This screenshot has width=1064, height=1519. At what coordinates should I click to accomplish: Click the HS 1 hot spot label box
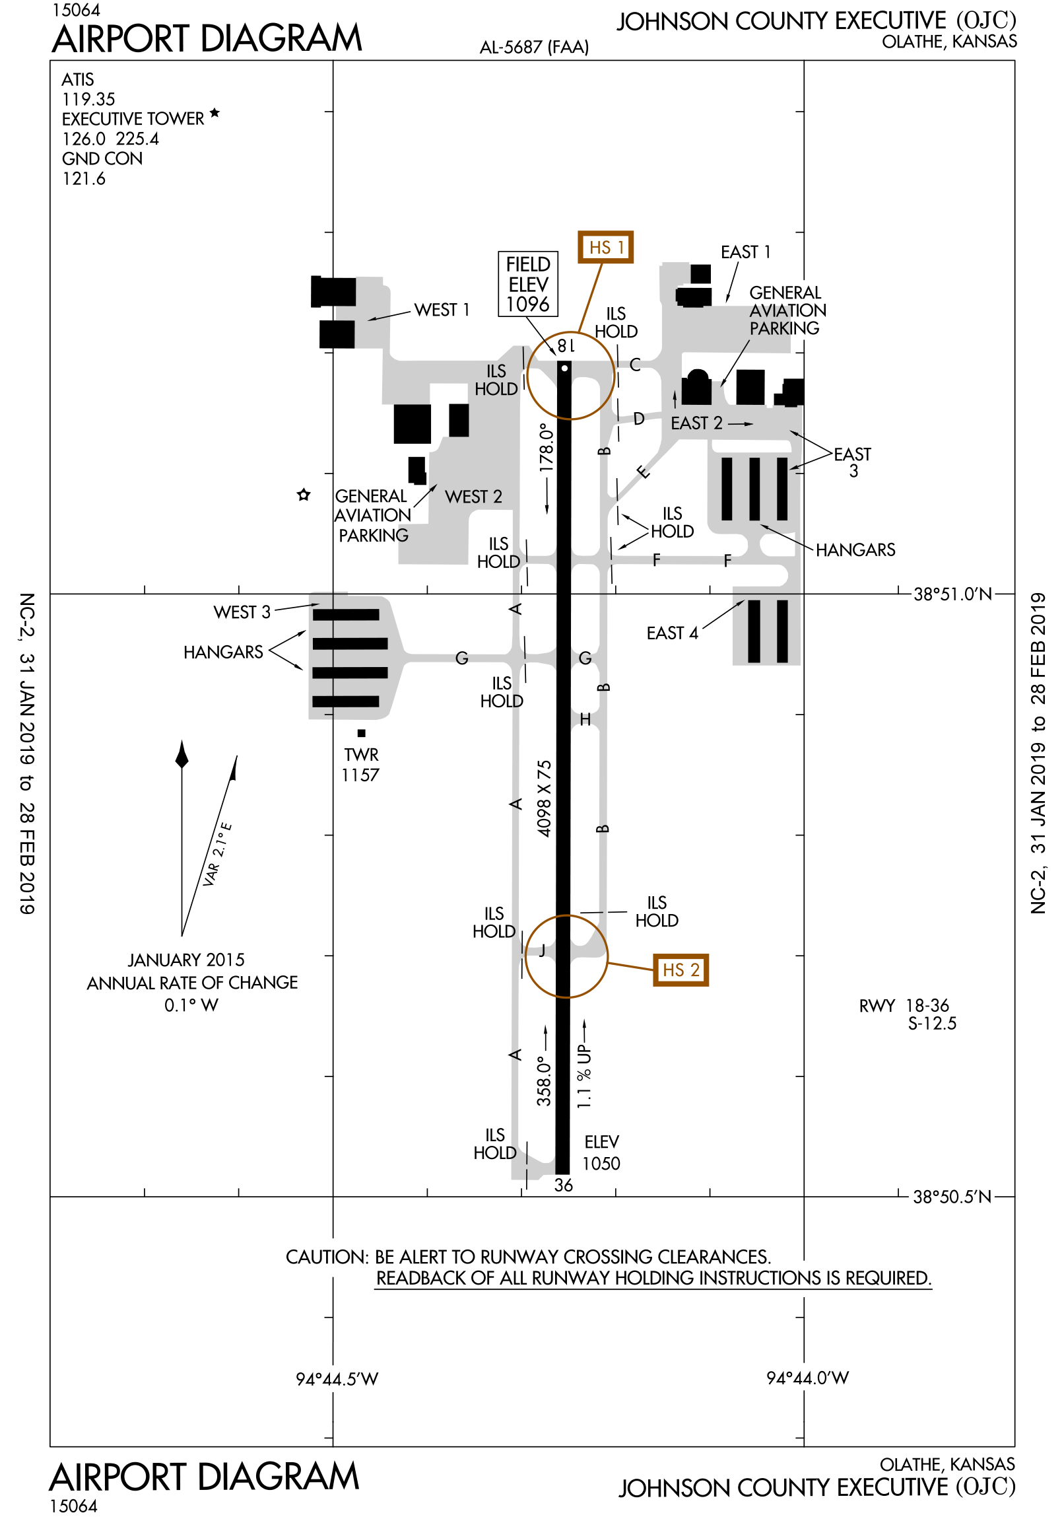pos(605,247)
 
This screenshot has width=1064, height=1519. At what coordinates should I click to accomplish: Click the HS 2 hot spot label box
pos(681,970)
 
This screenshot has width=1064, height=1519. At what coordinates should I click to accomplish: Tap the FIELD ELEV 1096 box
pos(527,284)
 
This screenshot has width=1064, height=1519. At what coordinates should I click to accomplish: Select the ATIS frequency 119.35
pos(88,99)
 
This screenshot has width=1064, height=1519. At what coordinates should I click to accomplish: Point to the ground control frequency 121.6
pos(84,178)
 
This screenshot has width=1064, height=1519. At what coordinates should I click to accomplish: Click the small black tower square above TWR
pos(361,733)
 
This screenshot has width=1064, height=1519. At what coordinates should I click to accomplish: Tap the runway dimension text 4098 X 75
pos(545,798)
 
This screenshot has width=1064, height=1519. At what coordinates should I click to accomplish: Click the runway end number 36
pos(564,1185)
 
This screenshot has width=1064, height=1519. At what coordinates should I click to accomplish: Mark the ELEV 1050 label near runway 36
pos(601,1152)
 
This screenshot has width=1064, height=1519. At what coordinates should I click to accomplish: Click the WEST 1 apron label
pos(442,310)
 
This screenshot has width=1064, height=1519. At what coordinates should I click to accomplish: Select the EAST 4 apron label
pos(672,633)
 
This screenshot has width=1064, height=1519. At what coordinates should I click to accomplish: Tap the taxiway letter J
pos(543,950)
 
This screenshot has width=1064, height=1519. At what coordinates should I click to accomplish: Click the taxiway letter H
pos(585,719)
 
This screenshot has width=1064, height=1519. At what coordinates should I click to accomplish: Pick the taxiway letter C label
pos(635,365)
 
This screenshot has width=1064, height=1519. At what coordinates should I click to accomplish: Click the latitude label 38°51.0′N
pos(952,594)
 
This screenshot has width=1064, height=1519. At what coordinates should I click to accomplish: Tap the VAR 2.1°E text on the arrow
pos(218,853)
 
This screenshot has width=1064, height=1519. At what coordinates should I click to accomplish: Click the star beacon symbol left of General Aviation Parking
pos(304,495)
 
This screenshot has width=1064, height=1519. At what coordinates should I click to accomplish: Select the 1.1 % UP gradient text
pos(584,1076)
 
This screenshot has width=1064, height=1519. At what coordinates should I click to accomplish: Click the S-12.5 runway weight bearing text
pos(932,1024)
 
